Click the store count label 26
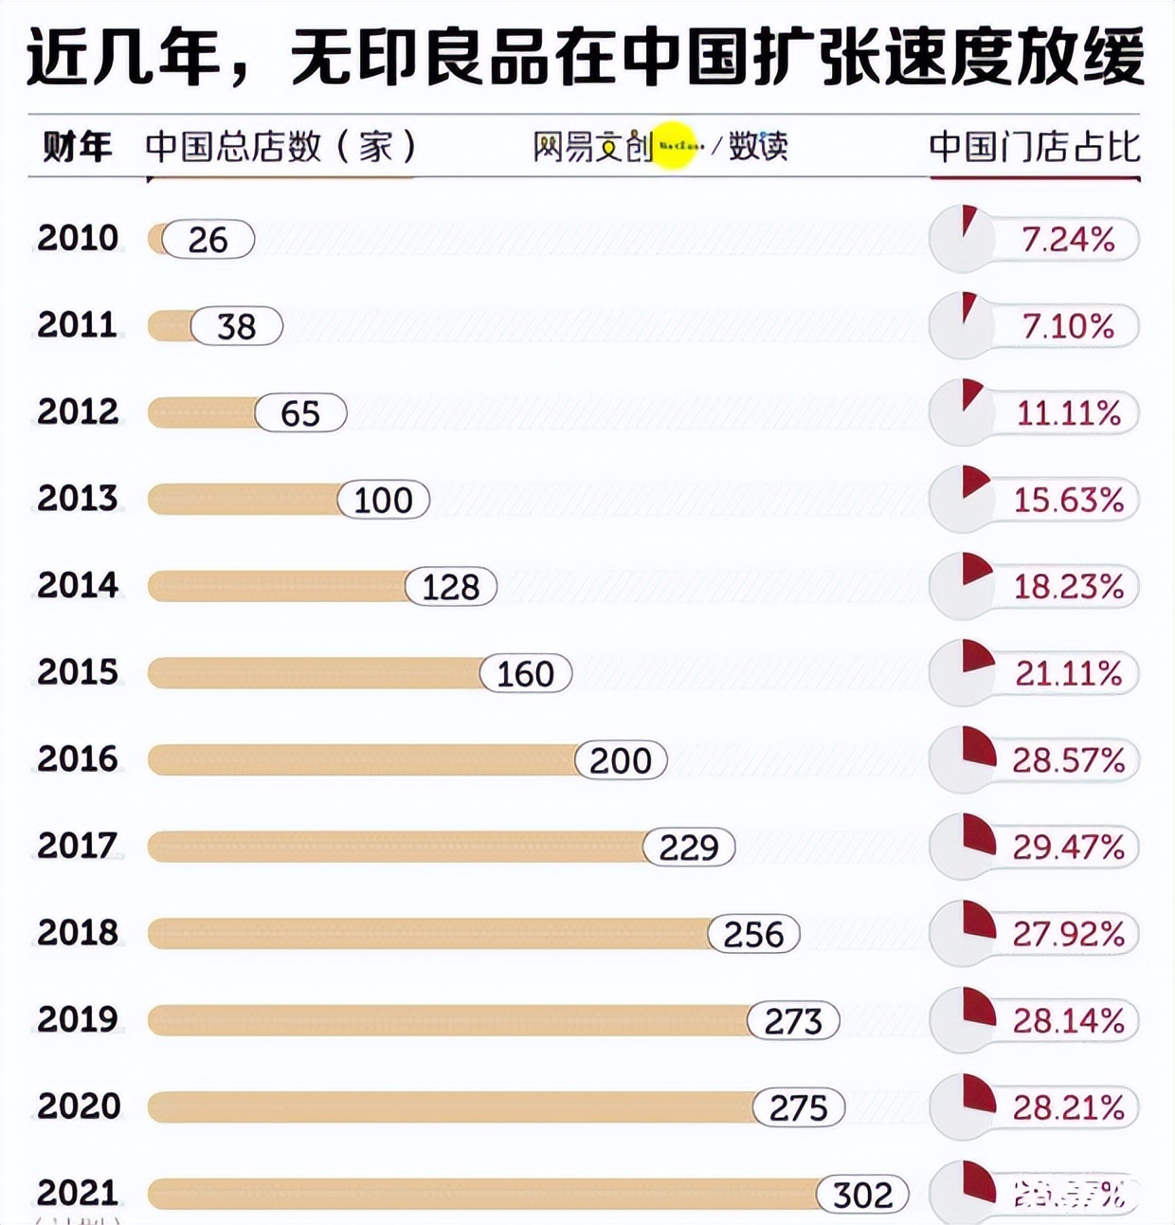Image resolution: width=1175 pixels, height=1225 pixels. pos(208,240)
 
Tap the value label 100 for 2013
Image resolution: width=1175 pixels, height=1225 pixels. pos(383,500)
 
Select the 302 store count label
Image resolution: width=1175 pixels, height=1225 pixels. pos(862,1195)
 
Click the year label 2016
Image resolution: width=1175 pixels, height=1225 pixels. pos(78,759)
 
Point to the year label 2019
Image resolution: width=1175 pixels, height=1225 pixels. pos(78,1020)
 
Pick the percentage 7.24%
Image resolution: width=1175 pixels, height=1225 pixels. pos(1068,240)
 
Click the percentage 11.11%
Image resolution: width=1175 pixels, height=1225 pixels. pos(1069,413)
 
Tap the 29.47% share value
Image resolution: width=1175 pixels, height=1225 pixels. pos(1069,847)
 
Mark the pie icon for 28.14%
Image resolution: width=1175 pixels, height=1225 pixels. pos(963,1020)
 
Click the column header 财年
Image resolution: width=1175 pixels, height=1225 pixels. pos(78,147)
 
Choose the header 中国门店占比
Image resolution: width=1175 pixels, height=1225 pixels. pos(1035,147)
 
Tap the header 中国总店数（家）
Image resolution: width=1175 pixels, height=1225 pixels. pos(281,147)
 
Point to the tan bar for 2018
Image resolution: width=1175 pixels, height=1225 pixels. pos(426,934)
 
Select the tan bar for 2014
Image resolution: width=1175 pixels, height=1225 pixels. pos(275,587)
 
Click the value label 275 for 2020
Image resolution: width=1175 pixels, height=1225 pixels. pos(798,1107)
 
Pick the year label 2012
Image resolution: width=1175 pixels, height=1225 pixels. pos(78,412)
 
